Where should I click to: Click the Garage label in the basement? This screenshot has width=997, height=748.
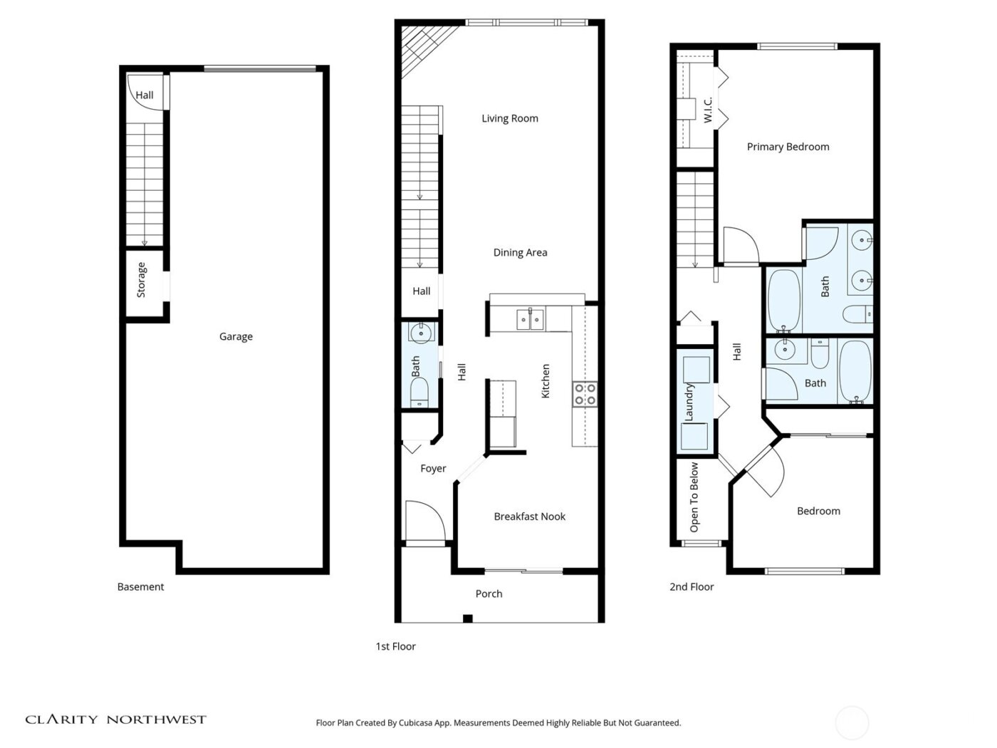[x=236, y=336]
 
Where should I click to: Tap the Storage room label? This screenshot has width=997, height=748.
[x=141, y=279]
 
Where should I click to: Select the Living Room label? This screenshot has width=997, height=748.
[x=509, y=118]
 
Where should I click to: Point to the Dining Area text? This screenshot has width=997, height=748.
[x=520, y=252]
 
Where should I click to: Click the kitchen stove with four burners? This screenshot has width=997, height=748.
[x=585, y=394]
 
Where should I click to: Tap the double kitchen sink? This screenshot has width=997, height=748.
[x=530, y=320]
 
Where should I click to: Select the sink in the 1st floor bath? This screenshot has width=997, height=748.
[x=420, y=332]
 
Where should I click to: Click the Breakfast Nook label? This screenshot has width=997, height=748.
[x=529, y=516]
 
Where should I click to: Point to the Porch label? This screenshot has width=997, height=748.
[x=489, y=593]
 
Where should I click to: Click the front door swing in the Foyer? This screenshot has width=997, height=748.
[x=424, y=521]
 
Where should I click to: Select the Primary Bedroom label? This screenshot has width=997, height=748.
[x=788, y=147]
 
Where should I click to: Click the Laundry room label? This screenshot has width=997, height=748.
[x=689, y=402]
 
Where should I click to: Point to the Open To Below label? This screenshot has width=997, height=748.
[x=694, y=497]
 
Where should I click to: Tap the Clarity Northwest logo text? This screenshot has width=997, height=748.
[x=116, y=720]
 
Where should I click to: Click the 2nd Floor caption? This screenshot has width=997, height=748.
[x=691, y=587]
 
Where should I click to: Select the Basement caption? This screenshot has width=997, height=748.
[x=140, y=587]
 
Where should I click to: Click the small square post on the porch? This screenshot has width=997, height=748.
[x=467, y=618]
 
